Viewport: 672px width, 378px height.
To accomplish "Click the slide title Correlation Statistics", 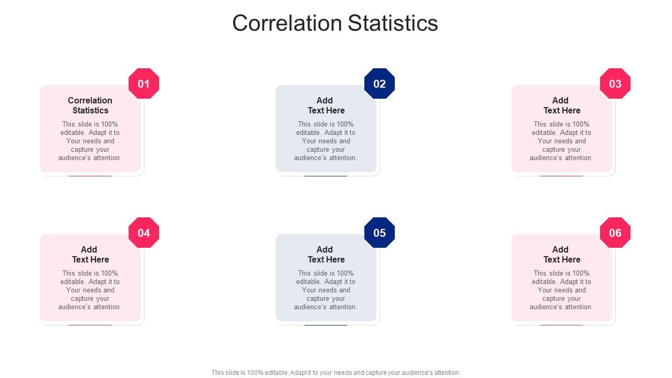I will [x=335, y=24].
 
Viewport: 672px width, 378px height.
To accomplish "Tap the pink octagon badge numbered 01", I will [x=144, y=83].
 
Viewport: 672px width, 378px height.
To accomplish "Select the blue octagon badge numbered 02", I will [x=380, y=83].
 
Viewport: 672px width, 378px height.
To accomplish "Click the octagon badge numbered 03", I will [x=615, y=83].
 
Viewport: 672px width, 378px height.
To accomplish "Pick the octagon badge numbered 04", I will [x=144, y=233].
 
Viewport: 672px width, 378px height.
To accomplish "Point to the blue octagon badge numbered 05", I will [x=380, y=233].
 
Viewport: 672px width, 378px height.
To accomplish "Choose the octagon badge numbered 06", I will [x=615, y=233].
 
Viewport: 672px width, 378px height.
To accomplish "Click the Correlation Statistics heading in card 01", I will [x=90, y=106].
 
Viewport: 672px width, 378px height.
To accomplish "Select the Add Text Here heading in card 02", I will [x=325, y=106].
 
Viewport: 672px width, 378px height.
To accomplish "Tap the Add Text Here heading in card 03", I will [x=561, y=106].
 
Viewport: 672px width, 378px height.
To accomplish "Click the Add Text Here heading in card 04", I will [x=90, y=255].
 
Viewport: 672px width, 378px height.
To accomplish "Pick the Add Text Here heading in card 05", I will [x=325, y=255].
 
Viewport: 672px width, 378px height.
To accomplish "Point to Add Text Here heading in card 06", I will [x=561, y=255].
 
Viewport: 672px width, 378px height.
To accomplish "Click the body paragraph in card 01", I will [x=90, y=141].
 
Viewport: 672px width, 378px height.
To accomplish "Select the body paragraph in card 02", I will [x=325, y=141].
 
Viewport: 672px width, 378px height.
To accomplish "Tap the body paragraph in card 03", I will [x=561, y=141].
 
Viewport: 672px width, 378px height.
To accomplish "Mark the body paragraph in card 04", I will [x=90, y=290].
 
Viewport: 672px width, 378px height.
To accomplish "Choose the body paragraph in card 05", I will [x=325, y=290].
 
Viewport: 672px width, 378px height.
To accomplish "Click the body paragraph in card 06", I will [x=561, y=290].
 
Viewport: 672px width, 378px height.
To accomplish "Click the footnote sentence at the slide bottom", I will [x=336, y=373].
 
